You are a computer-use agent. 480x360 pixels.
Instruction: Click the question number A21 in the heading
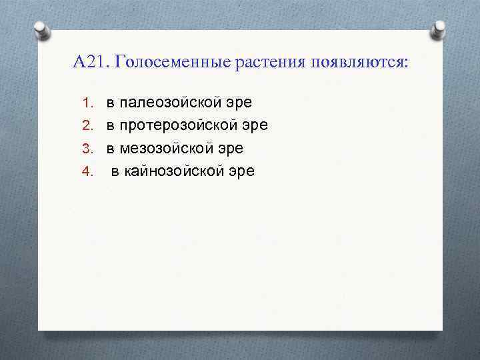(90, 63)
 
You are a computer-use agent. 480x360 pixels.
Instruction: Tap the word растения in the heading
(268, 63)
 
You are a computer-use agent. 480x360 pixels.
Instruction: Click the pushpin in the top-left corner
(41, 30)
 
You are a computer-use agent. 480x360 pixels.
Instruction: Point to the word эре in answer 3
(231, 149)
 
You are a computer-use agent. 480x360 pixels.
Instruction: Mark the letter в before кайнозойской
(115, 171)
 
